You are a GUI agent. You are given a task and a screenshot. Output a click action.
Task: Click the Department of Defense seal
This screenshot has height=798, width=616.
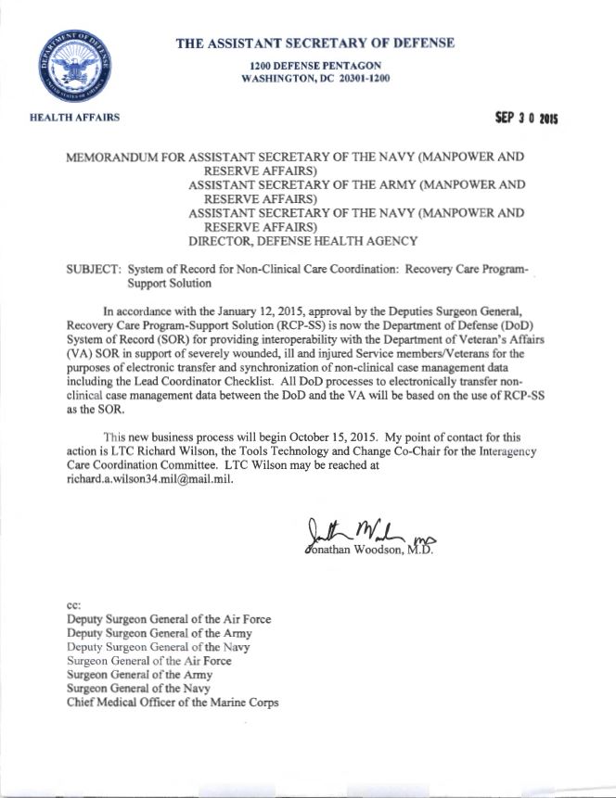(x=70, y=68)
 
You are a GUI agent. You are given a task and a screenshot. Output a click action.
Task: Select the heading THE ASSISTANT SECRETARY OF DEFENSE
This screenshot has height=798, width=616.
(x=314, y=43)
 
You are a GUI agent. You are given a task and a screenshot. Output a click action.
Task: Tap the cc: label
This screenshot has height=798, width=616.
(x=74, y=602)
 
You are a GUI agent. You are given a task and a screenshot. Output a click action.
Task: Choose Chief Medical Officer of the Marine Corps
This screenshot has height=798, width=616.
(x=173, y=703)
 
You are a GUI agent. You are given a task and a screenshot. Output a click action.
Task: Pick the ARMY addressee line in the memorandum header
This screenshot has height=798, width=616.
(x=356, y=185)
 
